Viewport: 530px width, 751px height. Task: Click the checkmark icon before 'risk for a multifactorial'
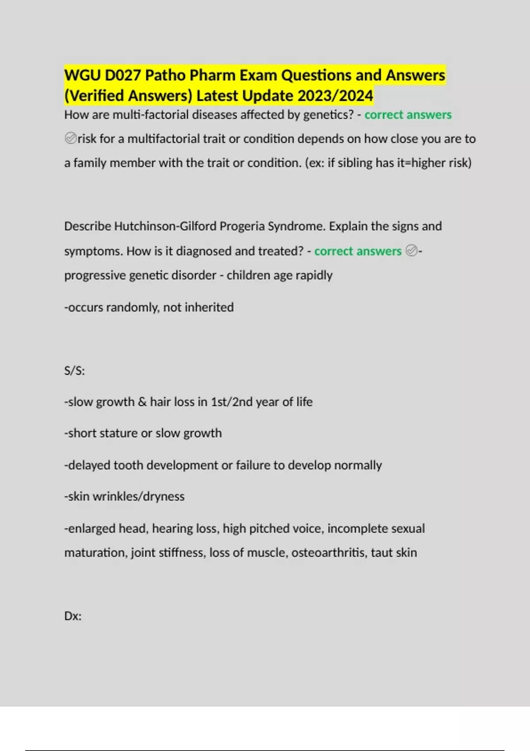click(70, 139)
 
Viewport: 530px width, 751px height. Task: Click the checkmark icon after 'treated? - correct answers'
click(411, 251)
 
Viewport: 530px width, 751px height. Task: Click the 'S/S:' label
click(74, 371)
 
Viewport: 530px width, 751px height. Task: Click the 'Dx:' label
click(73, 616)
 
